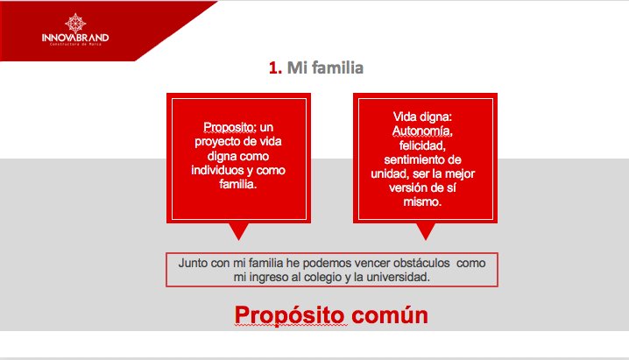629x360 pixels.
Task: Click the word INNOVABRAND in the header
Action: click(x=74, y=38)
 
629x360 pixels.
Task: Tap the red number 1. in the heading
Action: click(x=275, y=68)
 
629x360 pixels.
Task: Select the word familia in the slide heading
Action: click(x=337, y=68)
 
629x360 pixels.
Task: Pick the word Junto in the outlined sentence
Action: click(x=194, y=263)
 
